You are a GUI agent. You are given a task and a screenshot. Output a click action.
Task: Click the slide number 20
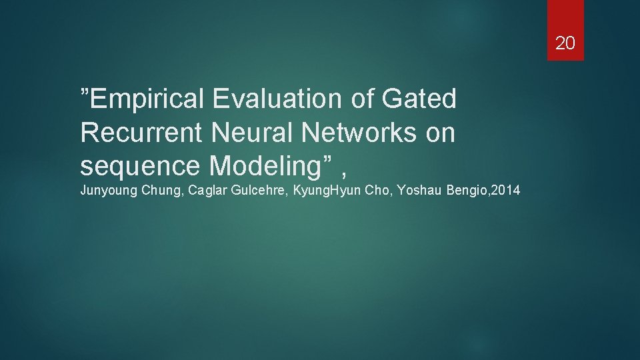tap(565, 44)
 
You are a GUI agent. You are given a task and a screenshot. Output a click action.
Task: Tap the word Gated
tap(419, 99)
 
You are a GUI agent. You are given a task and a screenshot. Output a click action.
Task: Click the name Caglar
tap(207, 191)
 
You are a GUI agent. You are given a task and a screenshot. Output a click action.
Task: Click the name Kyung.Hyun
tap(329, 191)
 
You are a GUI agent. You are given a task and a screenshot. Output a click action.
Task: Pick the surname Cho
tap(379, 191)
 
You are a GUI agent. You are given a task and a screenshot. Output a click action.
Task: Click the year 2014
tap(507, 191)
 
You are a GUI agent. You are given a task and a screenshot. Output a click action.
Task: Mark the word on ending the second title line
tap(440, 133)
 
